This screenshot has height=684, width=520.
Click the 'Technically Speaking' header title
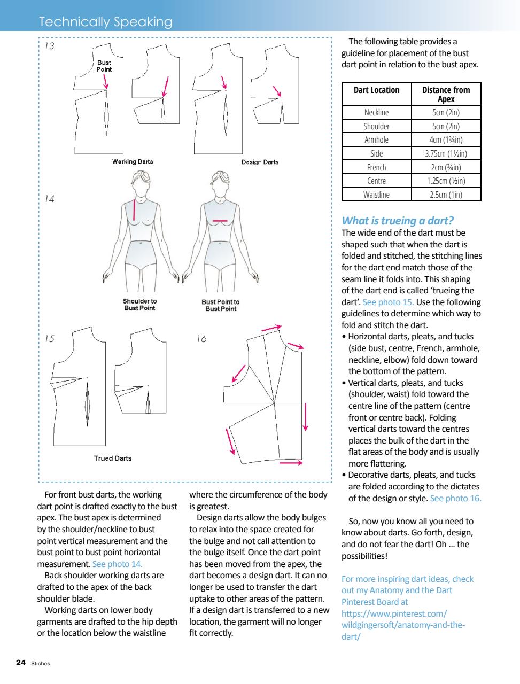(105, 22)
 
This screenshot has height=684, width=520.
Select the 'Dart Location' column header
(376, 90)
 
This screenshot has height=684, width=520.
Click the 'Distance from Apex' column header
(446, 95)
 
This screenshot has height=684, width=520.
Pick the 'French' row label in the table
(376, 167)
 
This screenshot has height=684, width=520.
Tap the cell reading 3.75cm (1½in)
(446, 153)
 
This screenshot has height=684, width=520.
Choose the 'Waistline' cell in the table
(376, 195)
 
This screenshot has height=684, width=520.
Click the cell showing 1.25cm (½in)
(446, 181)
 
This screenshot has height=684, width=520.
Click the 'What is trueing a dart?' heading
(398, 220)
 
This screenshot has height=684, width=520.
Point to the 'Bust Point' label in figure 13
(104, 66)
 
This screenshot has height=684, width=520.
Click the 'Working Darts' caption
(133, 161)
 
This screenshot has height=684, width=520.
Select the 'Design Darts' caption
(260, 162)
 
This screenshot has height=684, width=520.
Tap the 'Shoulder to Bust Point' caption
(139, 305)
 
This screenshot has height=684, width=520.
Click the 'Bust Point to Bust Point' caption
(220, 305)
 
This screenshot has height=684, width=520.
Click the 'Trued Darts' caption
(112, 458)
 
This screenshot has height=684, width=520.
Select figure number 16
(201, 339)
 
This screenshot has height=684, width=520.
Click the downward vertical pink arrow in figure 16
(306, 417)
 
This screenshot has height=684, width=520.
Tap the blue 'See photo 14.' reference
(117, 564)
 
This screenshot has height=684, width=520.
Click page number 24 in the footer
(21, 663)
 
